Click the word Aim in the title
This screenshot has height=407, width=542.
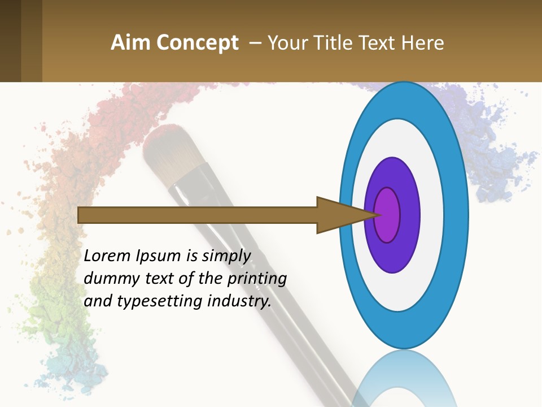tap(131, 43)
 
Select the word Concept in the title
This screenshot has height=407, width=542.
tap(197, 43)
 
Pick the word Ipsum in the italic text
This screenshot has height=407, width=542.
tap(159, 256)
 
